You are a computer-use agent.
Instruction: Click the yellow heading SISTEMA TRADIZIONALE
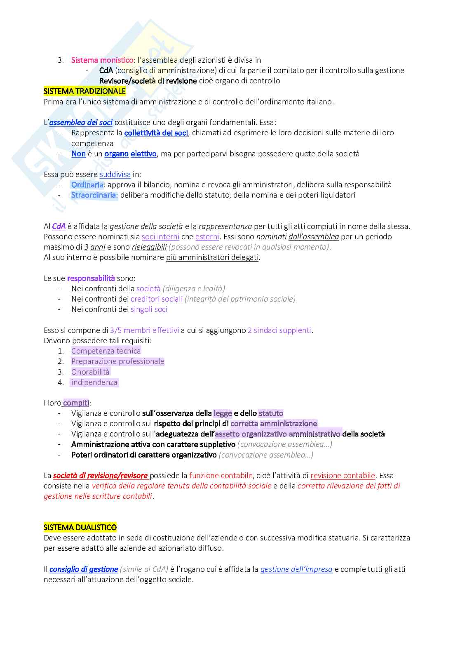[84, 91]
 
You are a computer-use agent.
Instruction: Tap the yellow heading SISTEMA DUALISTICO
[80, 527]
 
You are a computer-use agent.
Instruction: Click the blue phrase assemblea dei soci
[81, 123]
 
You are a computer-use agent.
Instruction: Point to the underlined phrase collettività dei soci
[156, 133]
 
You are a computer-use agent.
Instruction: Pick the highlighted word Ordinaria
[87, 185]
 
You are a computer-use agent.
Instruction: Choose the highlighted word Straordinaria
[94, 195]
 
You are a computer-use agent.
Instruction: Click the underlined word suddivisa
[115, 175]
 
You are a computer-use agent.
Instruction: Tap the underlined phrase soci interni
[160, 237]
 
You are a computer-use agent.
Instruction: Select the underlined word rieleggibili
[149, 247]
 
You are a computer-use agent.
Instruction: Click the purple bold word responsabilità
[91, 278]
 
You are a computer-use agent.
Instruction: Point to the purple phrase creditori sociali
[157, 299]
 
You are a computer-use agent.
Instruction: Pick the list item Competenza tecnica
[106, 351]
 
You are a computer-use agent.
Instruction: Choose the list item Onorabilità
[90, 372]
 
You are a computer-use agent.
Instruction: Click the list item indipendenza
[94, 382]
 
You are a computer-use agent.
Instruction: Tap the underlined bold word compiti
[76, 403]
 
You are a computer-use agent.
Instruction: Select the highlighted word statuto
[271, 413]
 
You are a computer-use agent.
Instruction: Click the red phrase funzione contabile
[221, 476]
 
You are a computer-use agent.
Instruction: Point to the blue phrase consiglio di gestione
[84, 569]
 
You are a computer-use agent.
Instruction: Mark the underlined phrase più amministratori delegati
[212, 257]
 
